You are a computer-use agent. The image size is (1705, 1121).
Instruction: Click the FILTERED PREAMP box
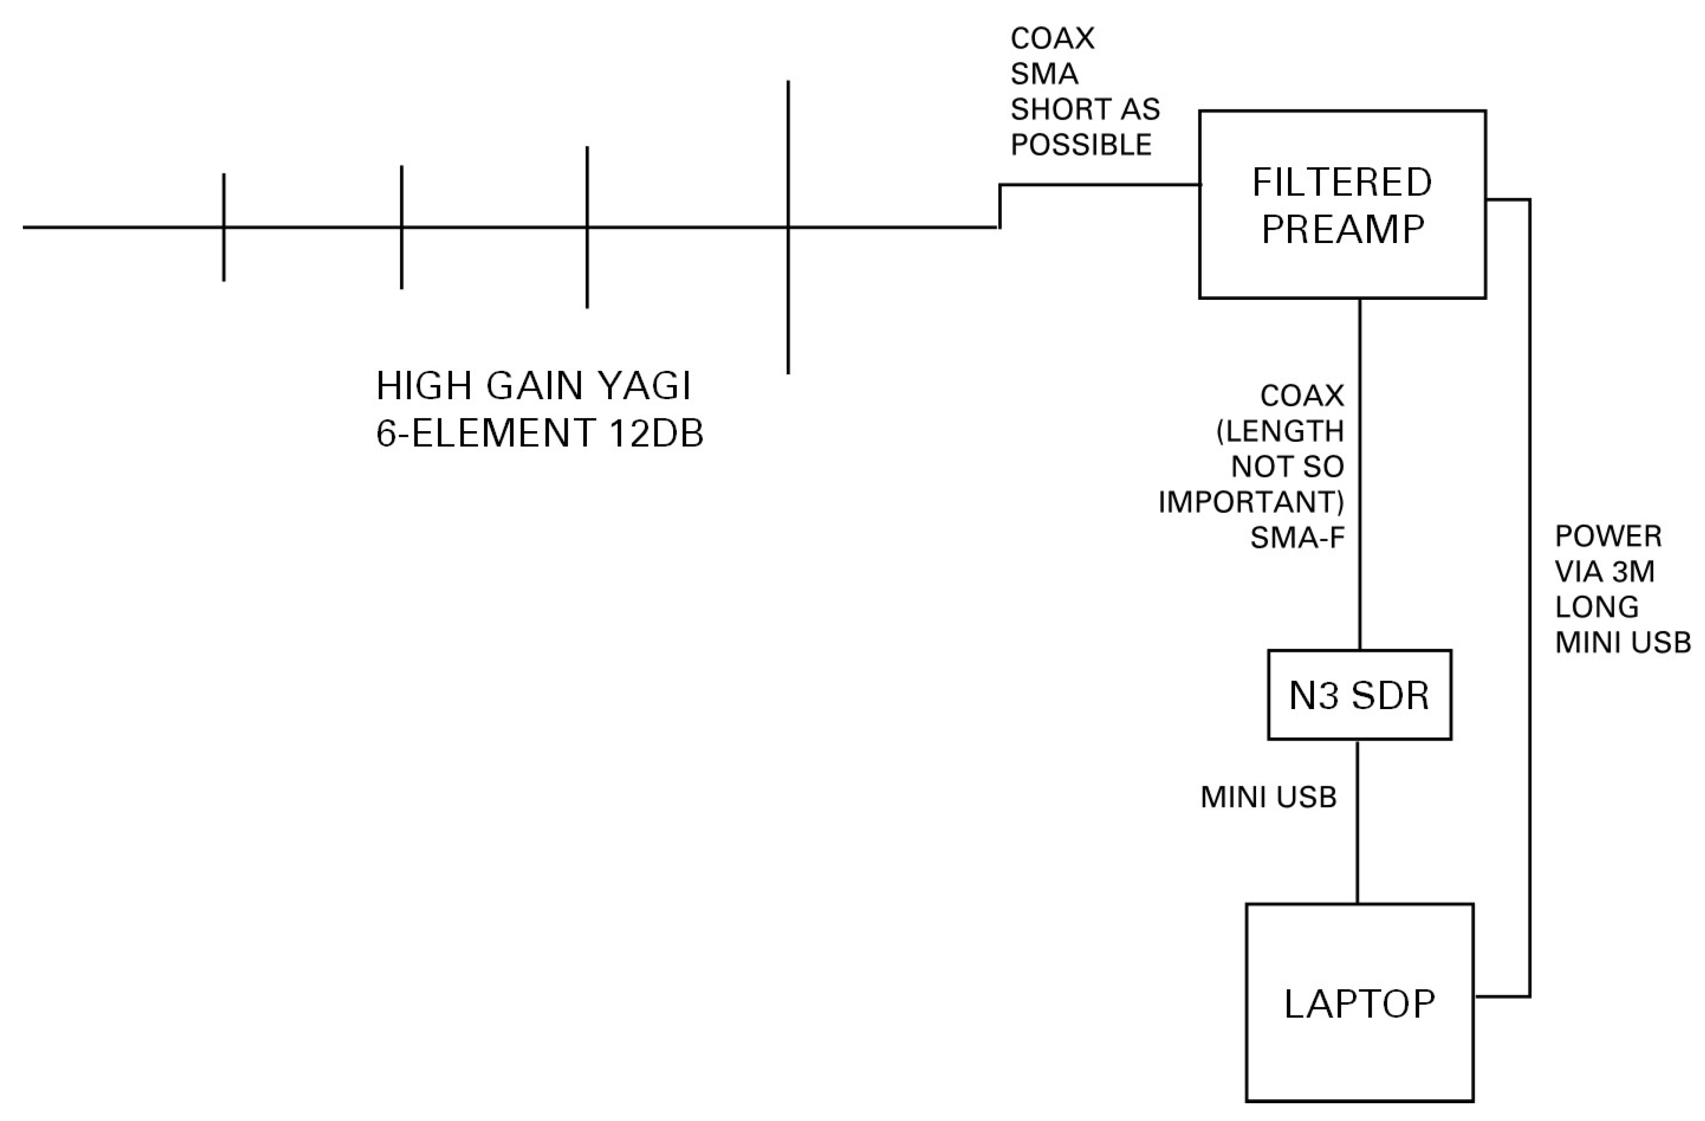pos(1342,204)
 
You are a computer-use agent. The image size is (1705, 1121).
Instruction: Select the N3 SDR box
pos(1359,695)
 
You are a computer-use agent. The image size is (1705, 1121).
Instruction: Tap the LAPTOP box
pos(1359,1003)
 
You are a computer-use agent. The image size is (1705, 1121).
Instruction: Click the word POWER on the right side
pos(1608,536)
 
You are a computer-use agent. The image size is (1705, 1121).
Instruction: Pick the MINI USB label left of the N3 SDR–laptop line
pos(1268,797)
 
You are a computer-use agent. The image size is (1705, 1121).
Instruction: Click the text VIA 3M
pos(1604,572)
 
